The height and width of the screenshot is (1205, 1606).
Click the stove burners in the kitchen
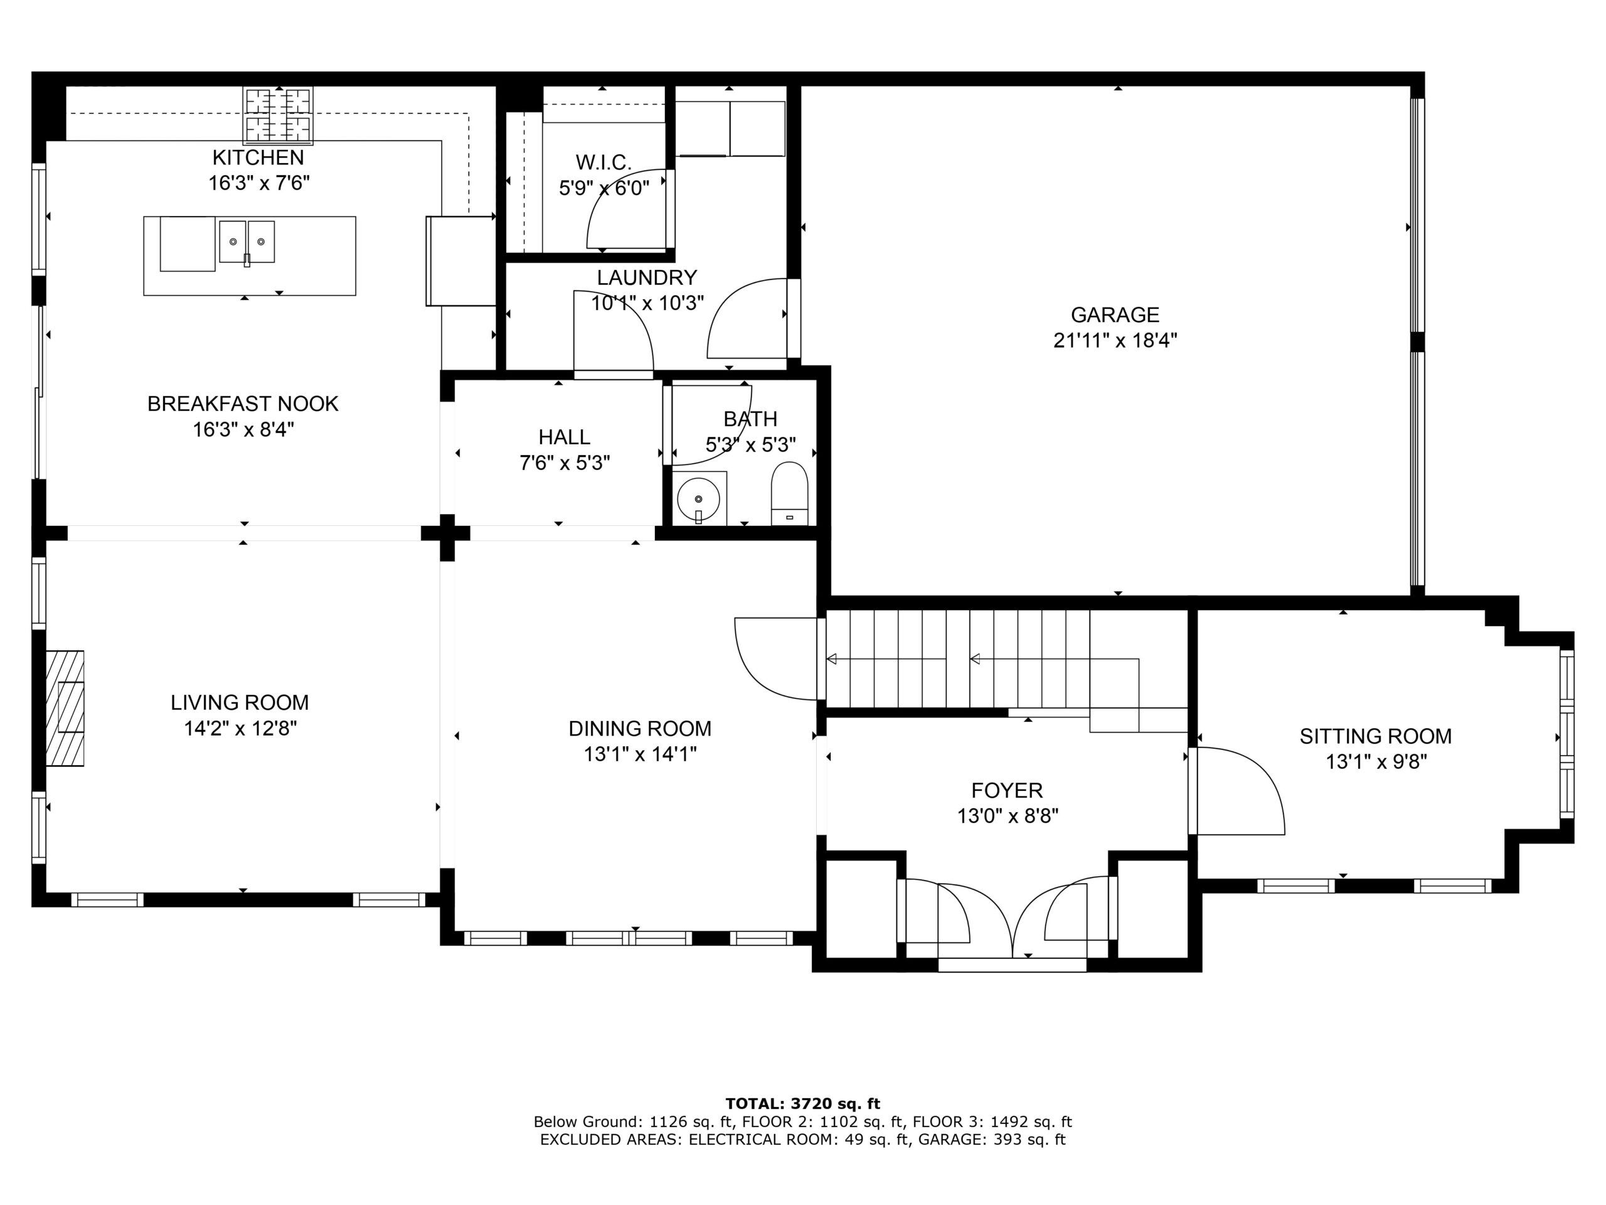tap(277, 114)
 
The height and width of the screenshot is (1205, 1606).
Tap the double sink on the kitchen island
tap(247, 242)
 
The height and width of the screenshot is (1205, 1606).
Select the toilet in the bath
tap(789, 493)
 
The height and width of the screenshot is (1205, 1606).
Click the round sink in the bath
tap(698, 499)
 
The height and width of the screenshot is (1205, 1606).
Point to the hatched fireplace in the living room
tap(65, 707)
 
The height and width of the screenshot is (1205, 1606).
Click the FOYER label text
tap(1007, 790)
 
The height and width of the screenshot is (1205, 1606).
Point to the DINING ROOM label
tap(640, 728)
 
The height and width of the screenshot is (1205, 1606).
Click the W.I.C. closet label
tap(604, 162)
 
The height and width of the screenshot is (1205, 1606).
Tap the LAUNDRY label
tap(647, 277)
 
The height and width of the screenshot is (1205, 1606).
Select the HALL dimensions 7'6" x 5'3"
tap(565, 463)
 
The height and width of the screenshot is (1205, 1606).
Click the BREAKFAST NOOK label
tap(243, 403)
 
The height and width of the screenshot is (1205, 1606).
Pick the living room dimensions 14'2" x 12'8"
tap(240, 728)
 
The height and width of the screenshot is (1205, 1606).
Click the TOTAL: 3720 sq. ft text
tap(803, 1104)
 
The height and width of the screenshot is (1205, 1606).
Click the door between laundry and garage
tap(748, 318)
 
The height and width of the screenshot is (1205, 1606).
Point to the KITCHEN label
tap(258, 157)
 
